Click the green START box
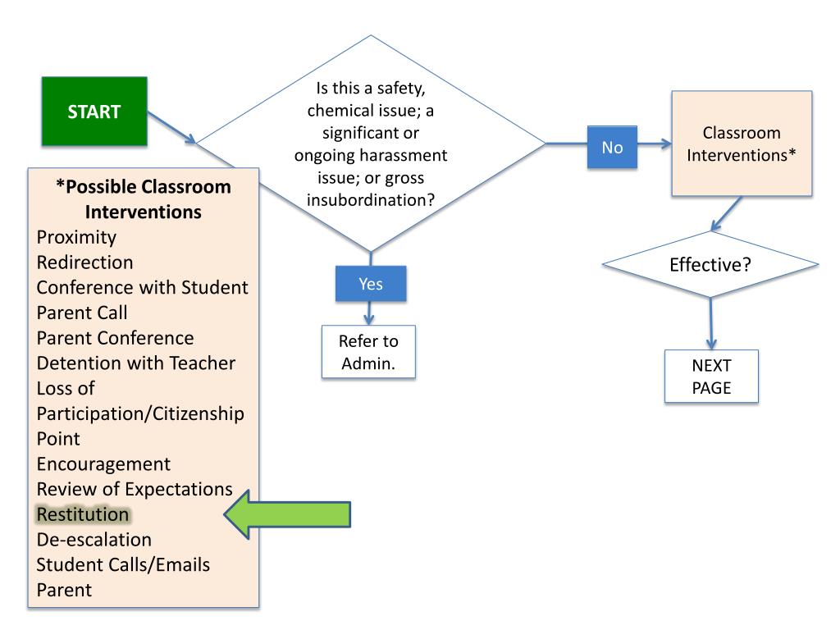94,112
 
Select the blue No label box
612,148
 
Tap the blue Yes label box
371,283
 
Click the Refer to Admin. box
368,352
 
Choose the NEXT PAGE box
711,376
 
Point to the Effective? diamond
710,265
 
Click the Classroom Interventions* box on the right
742,144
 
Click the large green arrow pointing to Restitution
287,514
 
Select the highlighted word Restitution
83,514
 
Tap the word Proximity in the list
76,237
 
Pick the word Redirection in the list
84,262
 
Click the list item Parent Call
82,313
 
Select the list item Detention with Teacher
136,363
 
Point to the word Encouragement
103,464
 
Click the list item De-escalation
94,540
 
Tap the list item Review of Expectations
135,490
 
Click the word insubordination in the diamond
367,200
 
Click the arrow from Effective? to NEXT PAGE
711,324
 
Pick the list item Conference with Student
142,288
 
